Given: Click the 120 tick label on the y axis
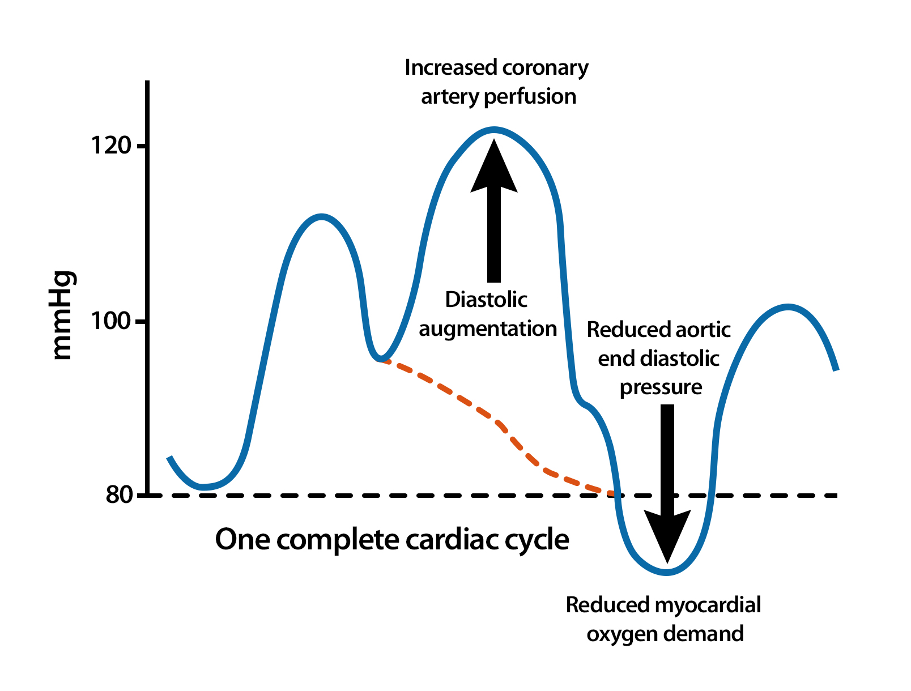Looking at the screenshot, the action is tap(111, 146).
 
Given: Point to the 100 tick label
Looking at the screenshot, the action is tap(111, 321).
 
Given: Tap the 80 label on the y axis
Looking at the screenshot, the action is tap(119, 494).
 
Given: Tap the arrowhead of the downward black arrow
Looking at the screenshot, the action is tap(667, 536).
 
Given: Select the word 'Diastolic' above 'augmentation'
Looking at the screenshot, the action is tap(486, 299).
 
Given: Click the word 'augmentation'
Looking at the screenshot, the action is tap(488, 329).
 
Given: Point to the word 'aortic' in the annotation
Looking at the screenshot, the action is tap(703, 330).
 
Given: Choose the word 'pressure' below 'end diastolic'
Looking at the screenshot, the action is tap(661, 388).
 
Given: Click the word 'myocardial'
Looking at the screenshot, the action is tap(708, 604).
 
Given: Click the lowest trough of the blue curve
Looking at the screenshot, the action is tap(667, 573).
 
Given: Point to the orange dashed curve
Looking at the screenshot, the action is tap(494, 419).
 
